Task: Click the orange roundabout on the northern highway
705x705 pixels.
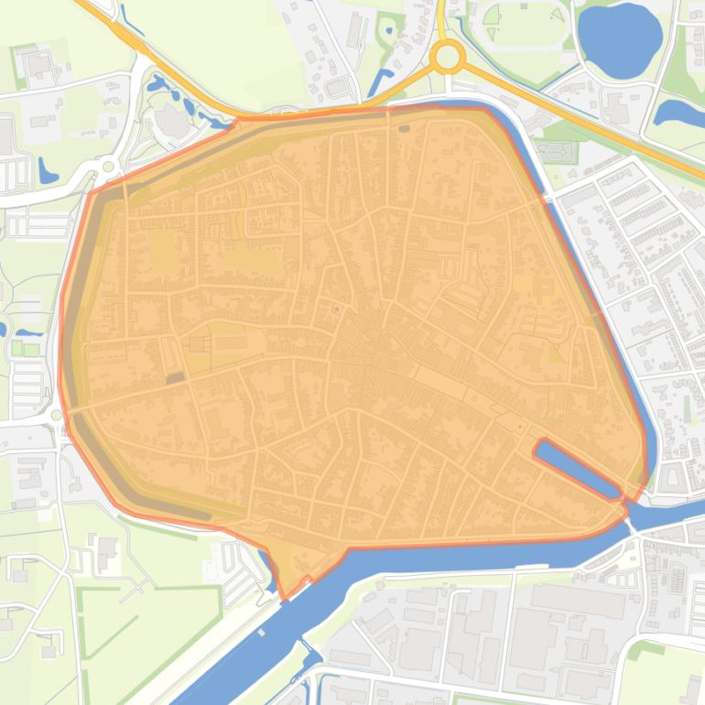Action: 447,58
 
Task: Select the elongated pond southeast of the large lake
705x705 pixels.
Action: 679,113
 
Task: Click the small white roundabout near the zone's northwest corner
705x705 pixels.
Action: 109,167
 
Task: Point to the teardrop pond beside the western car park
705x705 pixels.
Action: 46,170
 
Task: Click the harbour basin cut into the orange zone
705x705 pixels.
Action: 577,467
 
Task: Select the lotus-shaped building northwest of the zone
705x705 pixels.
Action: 168,120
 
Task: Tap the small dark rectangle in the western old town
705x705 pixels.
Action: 175,377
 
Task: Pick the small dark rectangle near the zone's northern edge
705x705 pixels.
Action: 404,129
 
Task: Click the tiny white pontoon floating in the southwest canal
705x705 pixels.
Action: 262,632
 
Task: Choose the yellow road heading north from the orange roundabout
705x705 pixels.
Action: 440,18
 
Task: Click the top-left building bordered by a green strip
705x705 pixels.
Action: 37,64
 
